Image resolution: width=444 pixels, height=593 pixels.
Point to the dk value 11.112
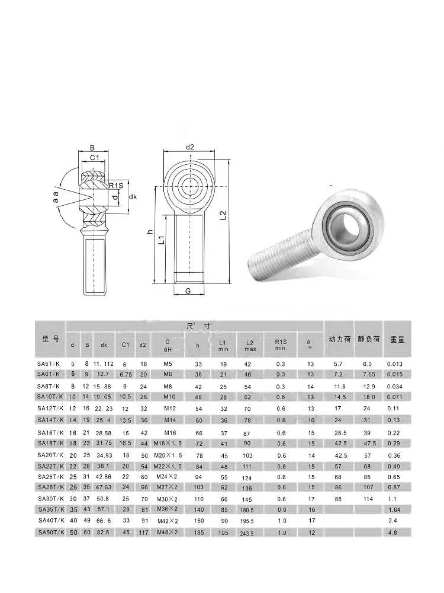104,364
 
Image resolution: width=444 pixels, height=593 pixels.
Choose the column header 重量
397,339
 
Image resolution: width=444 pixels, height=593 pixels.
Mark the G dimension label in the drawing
188,291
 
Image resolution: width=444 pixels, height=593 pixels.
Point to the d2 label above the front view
190,147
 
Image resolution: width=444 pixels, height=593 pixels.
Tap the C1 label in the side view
94,158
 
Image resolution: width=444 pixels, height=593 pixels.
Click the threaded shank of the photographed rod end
278,258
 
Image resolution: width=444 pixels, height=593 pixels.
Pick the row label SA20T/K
50,454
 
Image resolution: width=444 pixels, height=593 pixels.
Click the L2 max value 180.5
247,510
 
